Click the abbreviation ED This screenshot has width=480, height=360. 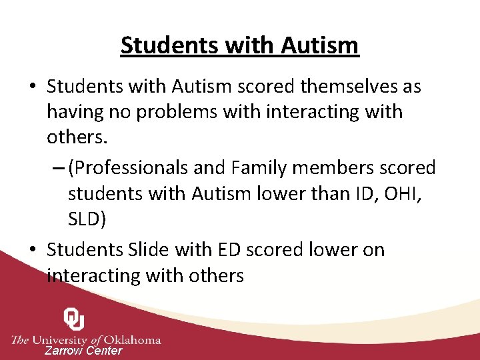click(x=228, y=250)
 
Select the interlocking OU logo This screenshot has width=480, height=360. click(x=73, y=319)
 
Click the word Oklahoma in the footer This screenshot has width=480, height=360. click(x=133, y=339)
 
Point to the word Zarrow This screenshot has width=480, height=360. click(x=63, y=351)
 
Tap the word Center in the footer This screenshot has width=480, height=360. click(x=104, y=351)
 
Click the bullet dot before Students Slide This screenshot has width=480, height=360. click(x=33, y=250)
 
